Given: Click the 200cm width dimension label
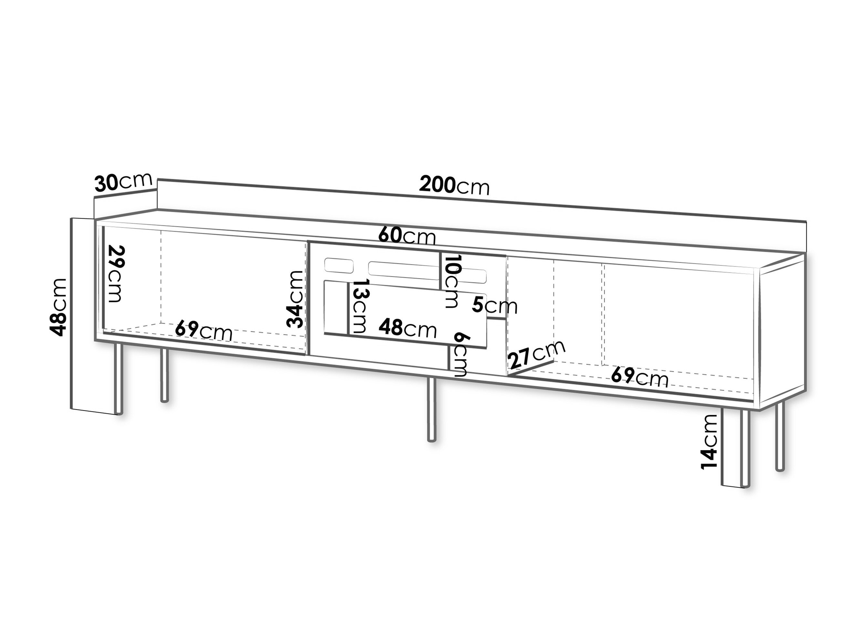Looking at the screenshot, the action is pyautogui.click(x=454, y=185).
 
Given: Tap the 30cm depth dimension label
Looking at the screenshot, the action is pyautogui.click(x=123, y=182).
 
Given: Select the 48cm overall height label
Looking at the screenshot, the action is pyautogui.click(x=58, y=307).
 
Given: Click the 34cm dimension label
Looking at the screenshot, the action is pyautogui.click(x=295, y=299).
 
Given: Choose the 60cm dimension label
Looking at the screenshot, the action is pyautogui.click(x=407, y=235).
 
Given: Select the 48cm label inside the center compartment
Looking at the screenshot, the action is pyautogui.click(x=407, y=328).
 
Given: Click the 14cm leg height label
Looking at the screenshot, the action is pyautogui.click(x=709, y=441).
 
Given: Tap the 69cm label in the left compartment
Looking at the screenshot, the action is pyautogui.click(x=203, y=331).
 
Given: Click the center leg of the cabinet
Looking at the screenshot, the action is pyautogui.click(x=431, y=409).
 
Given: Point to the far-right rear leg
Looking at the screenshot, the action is pyautogui.click(x=780, y=436).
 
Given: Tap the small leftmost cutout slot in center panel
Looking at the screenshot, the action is pyautogui.click(x=339, y=265).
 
